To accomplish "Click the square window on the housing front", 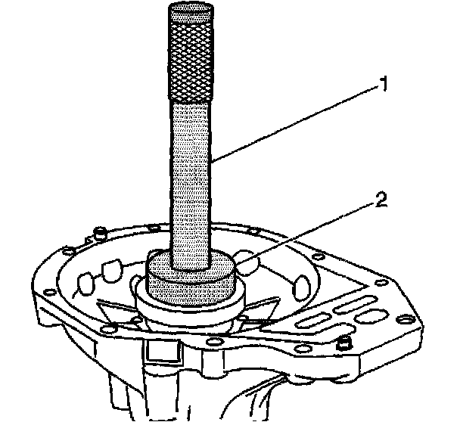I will point(160,349).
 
